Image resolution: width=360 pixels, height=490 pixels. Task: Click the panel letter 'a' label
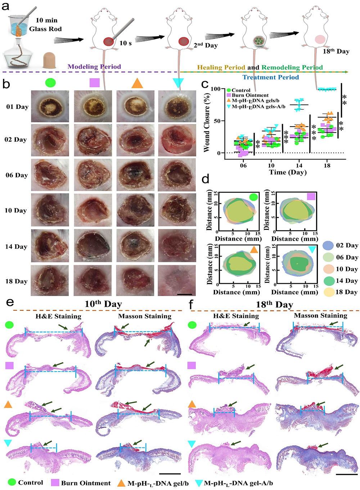click(x=5, y=6)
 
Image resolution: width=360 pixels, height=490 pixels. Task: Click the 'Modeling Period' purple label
click(x=94, y=67)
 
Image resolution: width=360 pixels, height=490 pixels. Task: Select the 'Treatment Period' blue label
click(x=270, y=77)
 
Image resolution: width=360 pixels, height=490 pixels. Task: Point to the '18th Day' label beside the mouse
click(x=336, y=51)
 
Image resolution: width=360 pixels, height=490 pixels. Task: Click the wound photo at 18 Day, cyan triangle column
click(x=177, y=280)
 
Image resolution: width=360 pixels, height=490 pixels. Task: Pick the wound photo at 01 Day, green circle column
click(x=50, y=106)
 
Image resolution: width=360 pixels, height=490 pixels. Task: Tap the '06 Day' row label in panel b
click(x=16, y=175)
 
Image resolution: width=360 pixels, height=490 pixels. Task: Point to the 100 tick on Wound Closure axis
click(x=215, y=89)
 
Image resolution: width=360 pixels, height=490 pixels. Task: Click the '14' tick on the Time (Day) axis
click(x=299, y=165)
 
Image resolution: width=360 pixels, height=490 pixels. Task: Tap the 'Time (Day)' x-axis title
click(x=288, y=172)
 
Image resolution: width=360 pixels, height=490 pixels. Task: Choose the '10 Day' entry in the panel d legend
click(x=347, y=269)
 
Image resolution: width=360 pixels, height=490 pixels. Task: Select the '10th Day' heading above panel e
click(x=103, y=304)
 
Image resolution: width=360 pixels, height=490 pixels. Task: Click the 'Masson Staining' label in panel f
click(x=320, y=316)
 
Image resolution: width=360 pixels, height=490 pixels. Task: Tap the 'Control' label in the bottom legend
click(x=30, y=483)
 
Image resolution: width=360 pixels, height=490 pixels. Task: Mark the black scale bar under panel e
click(x=170, y=473)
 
